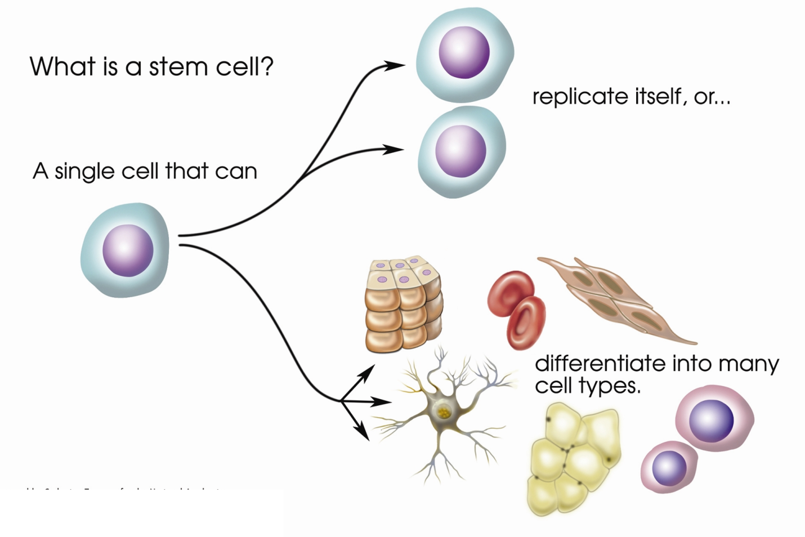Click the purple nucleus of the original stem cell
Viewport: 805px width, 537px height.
coord(128,250)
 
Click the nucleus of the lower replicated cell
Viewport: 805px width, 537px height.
coord(461,151)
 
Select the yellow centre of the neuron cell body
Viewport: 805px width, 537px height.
coord(444,413)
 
